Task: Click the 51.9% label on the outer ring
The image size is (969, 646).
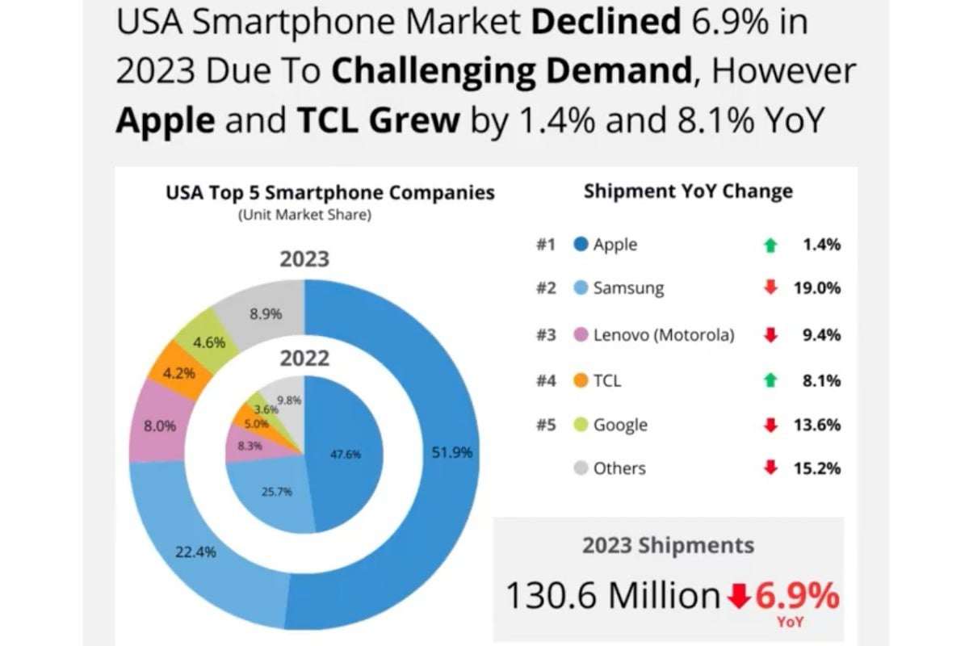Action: pyautogui.click(x=451, y=453)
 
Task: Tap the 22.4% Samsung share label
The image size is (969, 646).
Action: pyautogui.click(x=196, y=552)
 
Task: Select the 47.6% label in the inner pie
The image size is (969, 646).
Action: pyautogui.click(x=346, y=454)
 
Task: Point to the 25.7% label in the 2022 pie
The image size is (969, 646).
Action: pyautogui.click(x=277, y=492)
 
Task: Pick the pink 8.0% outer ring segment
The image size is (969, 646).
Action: pyautogui.click(x=160, y=426)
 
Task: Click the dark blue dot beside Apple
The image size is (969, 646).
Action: pyautogui.click(x=581, y=245)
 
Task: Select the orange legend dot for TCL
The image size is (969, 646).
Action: pyautogui.click(x=581, y=380)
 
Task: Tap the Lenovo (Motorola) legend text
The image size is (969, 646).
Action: pyautogui.click(x=664, y=335)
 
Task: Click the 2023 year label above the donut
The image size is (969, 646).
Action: pyautogui.click(x=304, y=260)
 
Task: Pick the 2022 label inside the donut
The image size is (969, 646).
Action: pyautogui.click(x=304, y=358)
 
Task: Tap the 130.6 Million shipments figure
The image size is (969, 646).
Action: pyautogui.click(x=612, y=596)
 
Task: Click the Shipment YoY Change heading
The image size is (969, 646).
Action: pyautogui.click(x=688, y=191)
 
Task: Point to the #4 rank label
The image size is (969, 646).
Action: pyautogui.click(x=547, y=380)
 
